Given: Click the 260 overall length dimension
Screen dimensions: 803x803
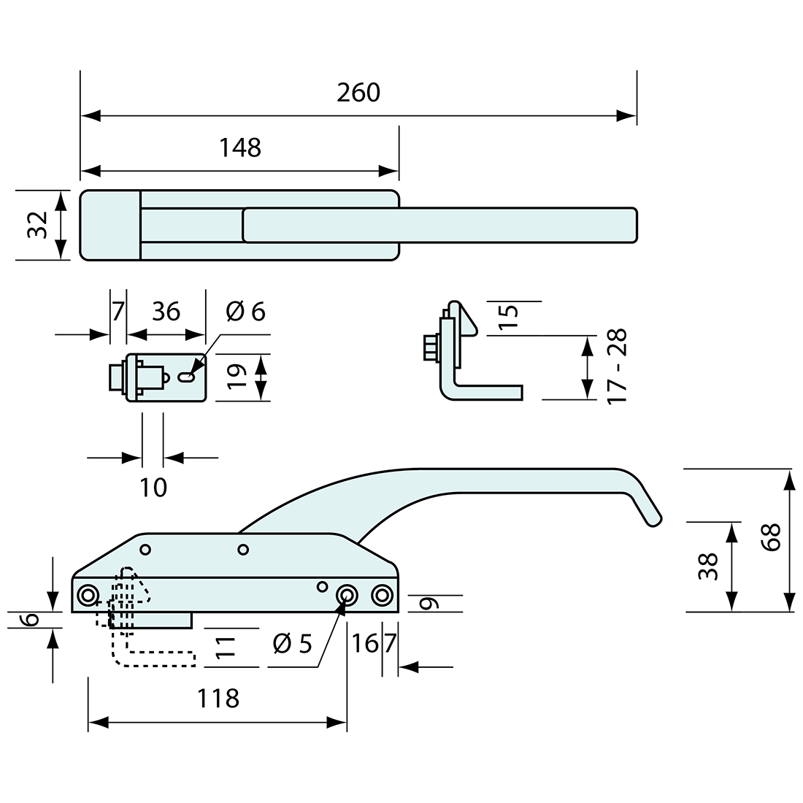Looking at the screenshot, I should click(358, 93).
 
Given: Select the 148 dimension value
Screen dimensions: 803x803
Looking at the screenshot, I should click(240, 148).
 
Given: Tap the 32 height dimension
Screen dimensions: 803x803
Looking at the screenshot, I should click(36, 224).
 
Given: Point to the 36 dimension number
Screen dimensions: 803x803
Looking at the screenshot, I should click(166, 312).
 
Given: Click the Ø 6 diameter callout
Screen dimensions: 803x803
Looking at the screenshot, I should click(245, 312).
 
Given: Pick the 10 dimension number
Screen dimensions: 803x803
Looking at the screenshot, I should click(153, 487).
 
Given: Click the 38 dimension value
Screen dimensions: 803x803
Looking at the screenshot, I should click(707, 566).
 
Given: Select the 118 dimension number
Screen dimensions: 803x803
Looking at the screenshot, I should click(218, 699).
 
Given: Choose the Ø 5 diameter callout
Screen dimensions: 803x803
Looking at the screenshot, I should click(292, 644).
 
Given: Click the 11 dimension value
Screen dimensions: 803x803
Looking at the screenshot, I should click(226, 647).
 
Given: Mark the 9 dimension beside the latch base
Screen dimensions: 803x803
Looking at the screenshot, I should click(431, 604).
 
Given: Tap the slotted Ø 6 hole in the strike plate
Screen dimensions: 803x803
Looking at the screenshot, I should click(187, 377).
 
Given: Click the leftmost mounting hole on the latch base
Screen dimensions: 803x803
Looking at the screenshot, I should click(88, 595).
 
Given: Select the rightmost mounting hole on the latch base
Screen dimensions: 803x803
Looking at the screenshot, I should click(380, 596).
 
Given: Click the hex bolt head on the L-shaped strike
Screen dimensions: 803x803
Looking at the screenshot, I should click(429, 346).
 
